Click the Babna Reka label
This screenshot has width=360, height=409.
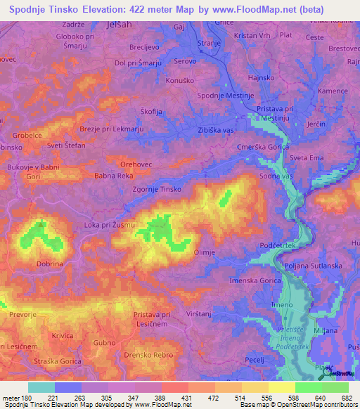pyautogui.click(x=114, y=176)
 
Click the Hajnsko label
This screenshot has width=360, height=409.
pyautogui.click(x=262, y=79)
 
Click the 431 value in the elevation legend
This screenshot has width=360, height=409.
pyautogui.click(x=186, y=398)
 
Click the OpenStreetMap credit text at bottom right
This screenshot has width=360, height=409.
pyautogui.click(x=323, y=404)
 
